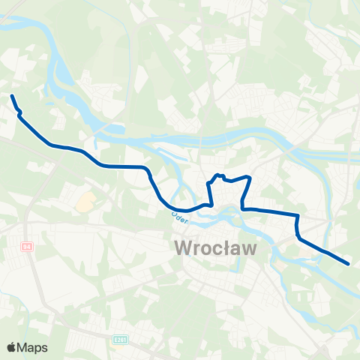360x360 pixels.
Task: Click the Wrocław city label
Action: coord(216,248)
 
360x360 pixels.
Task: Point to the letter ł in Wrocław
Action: coord(229,248)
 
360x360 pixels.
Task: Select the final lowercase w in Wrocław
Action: coord(250,250)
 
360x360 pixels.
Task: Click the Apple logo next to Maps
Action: coord(12,347)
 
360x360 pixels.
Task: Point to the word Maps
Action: coord(33,347)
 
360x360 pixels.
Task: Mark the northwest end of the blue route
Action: coord(11,96)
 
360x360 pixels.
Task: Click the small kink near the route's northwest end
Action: coord(19,113)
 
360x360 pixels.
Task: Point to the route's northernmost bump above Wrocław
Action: coord(219,176)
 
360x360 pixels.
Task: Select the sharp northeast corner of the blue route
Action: coord(248,178)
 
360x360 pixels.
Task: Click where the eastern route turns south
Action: coord(298,217)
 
